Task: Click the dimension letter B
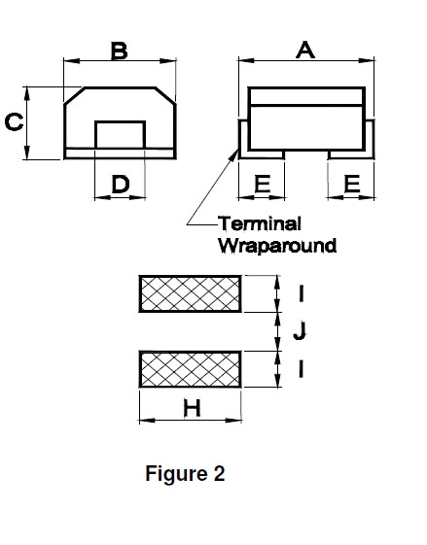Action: pyautogui.click(x=119, y=51)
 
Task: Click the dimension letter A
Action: pyautogui.click(x=305, y=50)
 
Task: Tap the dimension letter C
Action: pyautogui.click(x=14, y=122)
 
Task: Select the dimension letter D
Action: pyautogui.click(x=121, y=185)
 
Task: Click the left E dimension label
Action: pyautogui.click(x=263, y=184)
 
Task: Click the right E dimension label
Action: pyautogui.click(x=352, y=184)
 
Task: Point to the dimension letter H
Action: pyautogui.click(x=192, y=408)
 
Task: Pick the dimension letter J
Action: pyautogui.click(x=300, y=331)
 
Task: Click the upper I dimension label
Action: pyautogui.click(x=301, y=293)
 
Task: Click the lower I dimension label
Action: pyautogui.click(x=301, y=369)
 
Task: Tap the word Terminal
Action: pyautogui.click(x=260, y=223)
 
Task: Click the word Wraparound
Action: pyautogui.click(x=277, y=246)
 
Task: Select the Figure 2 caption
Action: pyautogui.click(x=185, y=473)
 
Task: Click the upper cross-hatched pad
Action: pyautogui.click(x=190, y=293)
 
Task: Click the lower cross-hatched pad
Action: pyautogui.click(x=190, y=369)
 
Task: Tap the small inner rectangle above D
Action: pyautogui.click(x=120, y=135)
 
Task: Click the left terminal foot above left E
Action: pyautogui.click(x=262, y=155)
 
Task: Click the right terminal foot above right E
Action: pyautogui.click(x=351, y=155)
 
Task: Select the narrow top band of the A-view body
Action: pyautogui.click(x=306, y=96)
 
